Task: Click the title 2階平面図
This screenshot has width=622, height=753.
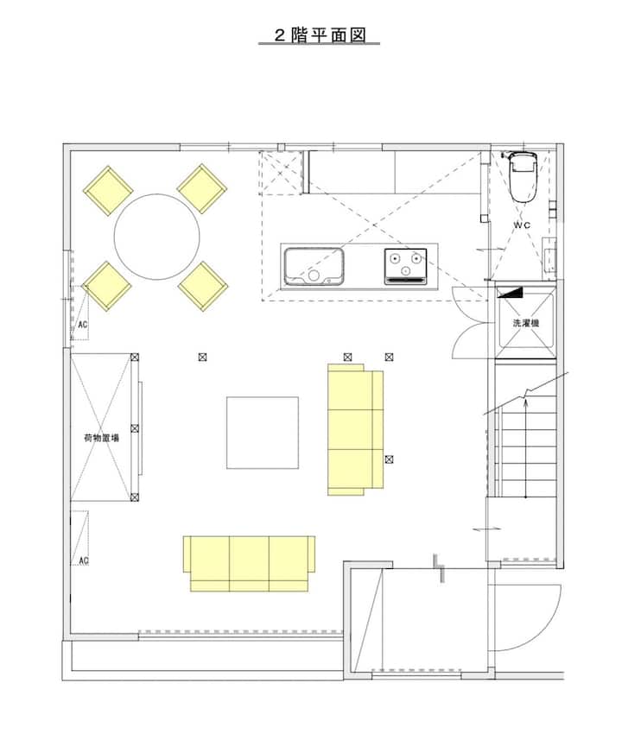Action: click(x=320, y=35)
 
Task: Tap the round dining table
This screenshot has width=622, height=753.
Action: click(x=156, y=237)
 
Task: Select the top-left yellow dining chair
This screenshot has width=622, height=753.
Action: click(x=108, y=191)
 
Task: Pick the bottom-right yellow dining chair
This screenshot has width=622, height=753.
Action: click(x=203, y=286)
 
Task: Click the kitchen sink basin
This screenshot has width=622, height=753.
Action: click(x=314, y=266)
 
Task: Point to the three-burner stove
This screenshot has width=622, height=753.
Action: click(x=405, y=266)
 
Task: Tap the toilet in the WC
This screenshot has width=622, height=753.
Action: click(x=523, y=176)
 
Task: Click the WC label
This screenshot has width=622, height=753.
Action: click(x=522, y=225)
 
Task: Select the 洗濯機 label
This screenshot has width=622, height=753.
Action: click(x=525, y=323)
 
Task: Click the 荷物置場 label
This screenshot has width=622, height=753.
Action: click(x=101, y=438)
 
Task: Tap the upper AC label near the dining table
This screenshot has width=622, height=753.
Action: click(x=83, y=325)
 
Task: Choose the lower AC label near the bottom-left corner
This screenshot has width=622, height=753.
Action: click(x=84, y=560)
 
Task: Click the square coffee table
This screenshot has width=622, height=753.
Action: click(x=263, y=433)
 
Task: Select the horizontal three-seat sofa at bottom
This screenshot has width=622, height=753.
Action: click(x=249, y=563)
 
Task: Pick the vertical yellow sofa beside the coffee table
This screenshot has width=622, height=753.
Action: click(x=355, y=429)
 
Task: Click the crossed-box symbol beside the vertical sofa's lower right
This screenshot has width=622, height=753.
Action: click(x=389, y=459)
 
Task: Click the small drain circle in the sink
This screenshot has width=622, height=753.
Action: click(x=314, y=275)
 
